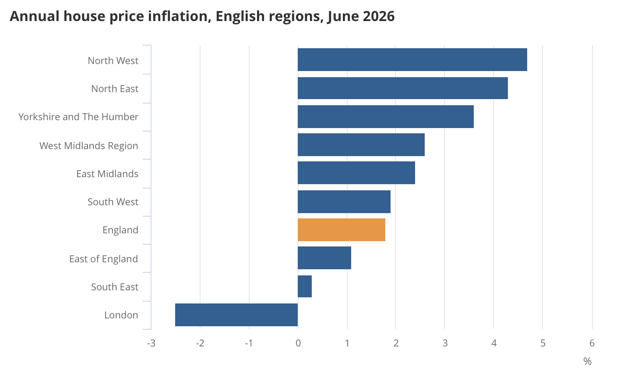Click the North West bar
[x=412, y=60]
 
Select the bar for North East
[x=403, y=88]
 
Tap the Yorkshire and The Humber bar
[x=386, y=117]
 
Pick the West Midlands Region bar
[x=361, y=145]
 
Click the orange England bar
[x=342, y=230]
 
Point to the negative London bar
[x=236, y=315]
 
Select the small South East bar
[x=305, y=286]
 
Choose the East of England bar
[x=324, y=258]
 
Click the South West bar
[x=344, y=202]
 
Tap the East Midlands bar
[x=356, y=173]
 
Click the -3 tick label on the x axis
[x=151, y=343]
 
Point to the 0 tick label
[x=298, y=343]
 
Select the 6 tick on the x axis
[x=592, y=343]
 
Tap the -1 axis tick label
[x=249, y=343]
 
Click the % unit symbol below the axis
[x=587, y=361]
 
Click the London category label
[x=121, y=315]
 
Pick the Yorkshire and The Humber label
[x=78, y=117]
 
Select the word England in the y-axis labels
[x=120, y=230]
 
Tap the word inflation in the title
[x=180, y=16]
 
